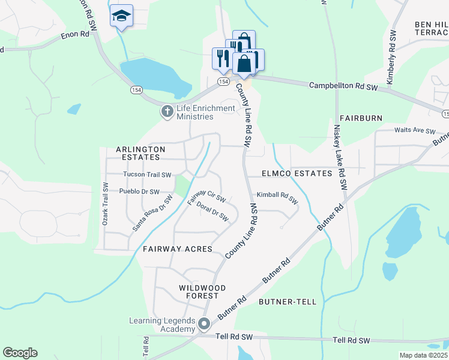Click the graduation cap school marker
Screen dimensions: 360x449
(x=121, y=16)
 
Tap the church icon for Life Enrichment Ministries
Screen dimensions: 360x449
(x=167, y=111)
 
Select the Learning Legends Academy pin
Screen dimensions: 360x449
(x=204, y=325)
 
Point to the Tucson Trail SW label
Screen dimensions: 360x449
(x=147, y=175)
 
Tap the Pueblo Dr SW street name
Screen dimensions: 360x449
(x=139, y=192)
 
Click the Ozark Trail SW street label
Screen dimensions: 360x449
(x=105, y=208)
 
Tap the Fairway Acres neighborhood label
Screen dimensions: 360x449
(x=178, y=249)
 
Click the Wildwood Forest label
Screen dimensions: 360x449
(x=199, y=292)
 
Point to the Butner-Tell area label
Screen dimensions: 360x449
(x=287, y=302)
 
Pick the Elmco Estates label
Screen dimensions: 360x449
(x=297, y=173)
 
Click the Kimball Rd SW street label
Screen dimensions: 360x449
(x=277, y=197)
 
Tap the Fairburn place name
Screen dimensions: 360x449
(x=360, y=118)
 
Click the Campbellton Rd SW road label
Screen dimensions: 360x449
(x=343, y=86)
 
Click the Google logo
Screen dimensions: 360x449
(x=20, y=353)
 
